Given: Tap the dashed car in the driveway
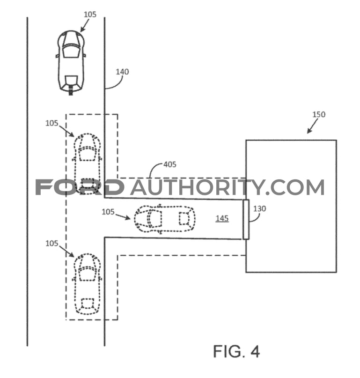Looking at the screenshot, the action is coord(165,219).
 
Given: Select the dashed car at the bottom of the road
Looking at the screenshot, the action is coord(87,284).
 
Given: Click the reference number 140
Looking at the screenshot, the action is coord(122,72).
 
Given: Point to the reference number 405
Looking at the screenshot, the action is coord(170,164).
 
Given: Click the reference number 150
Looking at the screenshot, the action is coord(319,114).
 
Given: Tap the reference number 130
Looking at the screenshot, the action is coord(259,208).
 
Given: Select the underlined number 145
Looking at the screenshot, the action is coord(222,218).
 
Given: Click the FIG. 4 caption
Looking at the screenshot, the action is coord(236,351).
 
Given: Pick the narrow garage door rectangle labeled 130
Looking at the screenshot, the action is coord(246,219).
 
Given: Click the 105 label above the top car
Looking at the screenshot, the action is coord(90,15).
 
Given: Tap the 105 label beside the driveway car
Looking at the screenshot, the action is coord(108,212).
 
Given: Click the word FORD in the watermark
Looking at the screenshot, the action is coord(80,187).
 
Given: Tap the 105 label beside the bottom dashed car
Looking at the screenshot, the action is coord(52,244).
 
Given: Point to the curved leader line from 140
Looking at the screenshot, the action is coord(114,84).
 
